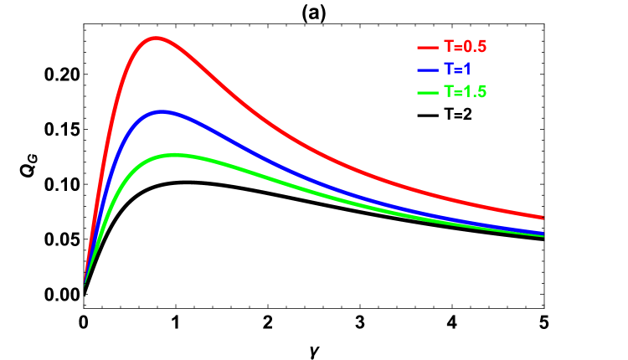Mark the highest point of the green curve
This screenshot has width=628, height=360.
(175, 154)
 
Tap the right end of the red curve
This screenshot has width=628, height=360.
(543, 218)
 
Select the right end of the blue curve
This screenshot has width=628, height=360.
(543, 233)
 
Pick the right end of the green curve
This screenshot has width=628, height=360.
(543, 236)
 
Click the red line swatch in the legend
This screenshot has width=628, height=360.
(428, 48)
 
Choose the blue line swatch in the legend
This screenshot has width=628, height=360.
(428, 69)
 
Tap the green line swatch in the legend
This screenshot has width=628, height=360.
(428, 92)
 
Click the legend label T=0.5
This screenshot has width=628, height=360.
(465, 47)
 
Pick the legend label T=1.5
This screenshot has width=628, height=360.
(465, 92)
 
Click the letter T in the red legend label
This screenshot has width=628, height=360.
(448, 47)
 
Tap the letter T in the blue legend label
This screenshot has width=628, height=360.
(448, 69)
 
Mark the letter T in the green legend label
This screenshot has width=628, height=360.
(448, 92)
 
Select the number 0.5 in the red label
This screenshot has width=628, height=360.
(476, 47)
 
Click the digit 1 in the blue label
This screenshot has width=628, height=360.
(467, 69)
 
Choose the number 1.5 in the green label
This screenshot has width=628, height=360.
(476, 92)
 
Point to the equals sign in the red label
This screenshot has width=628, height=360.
(458, 48)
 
